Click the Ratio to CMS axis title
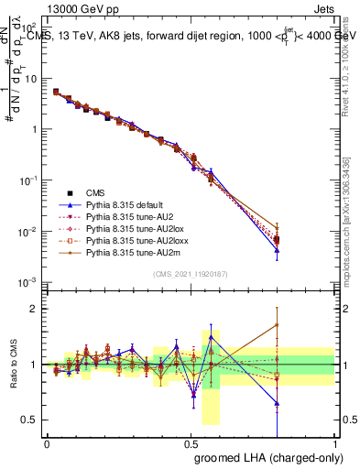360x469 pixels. [x=15, y=365]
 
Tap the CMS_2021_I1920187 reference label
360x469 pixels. [x=191, y=274]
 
